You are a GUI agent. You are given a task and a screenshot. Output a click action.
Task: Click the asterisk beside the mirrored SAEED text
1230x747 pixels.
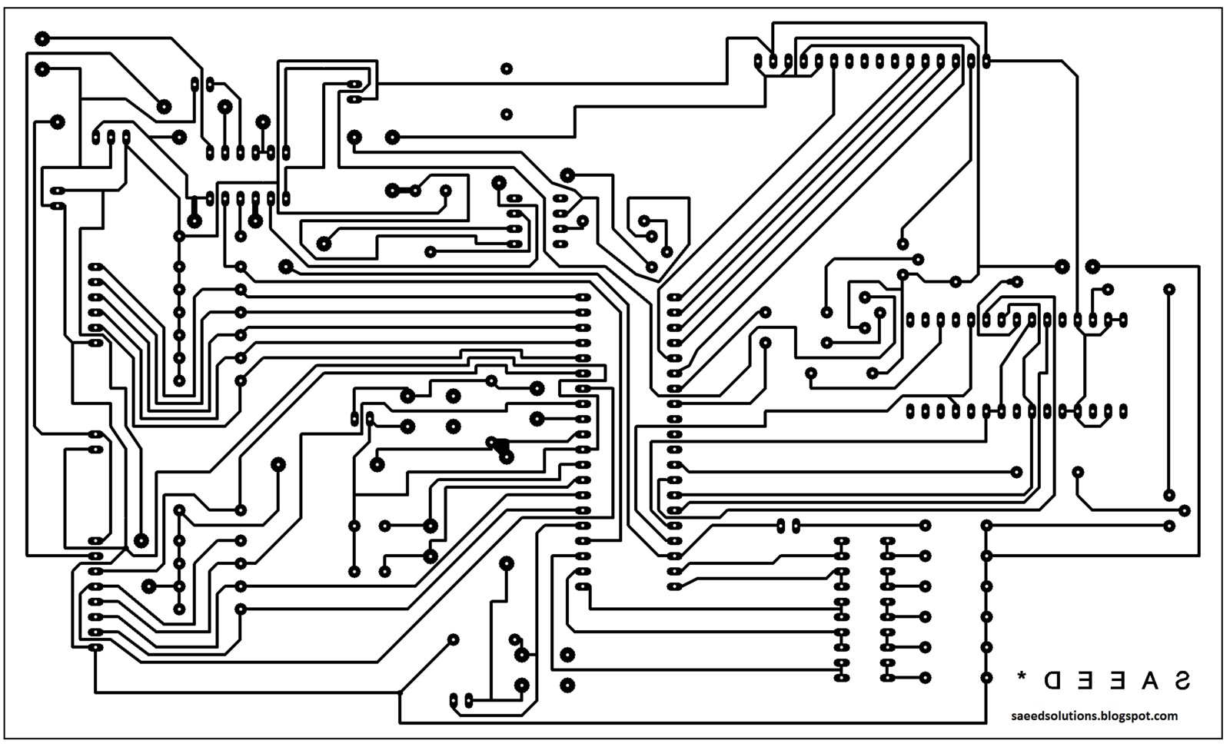pos(1022,677)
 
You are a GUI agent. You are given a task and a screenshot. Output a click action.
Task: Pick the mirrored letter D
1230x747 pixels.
pos(1052,679)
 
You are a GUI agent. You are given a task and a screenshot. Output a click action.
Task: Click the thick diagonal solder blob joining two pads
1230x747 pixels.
pos(500,447)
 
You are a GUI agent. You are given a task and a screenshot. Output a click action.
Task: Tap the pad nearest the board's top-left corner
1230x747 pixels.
pos(42,38)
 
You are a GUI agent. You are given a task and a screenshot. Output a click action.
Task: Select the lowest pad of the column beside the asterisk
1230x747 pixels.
pos(986,677)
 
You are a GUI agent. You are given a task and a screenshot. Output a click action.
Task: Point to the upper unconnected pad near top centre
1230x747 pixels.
pos(507,68)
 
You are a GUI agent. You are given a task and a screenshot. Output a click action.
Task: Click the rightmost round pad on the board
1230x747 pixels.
pos(1185,510)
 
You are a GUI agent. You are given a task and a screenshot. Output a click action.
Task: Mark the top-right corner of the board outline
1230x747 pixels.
pos(1222,8)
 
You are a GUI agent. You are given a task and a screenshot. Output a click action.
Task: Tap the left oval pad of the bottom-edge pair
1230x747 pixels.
pos(453,699)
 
